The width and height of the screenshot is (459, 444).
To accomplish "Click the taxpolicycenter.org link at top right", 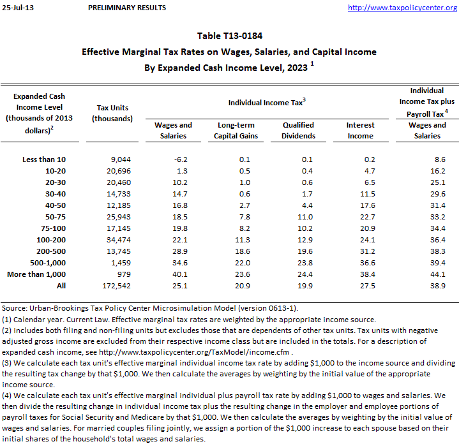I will [402, 8].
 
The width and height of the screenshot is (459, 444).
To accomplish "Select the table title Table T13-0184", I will [229, 36].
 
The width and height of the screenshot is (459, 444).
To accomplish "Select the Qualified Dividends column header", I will [299, 130].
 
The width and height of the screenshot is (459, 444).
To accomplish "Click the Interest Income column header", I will [361, 130].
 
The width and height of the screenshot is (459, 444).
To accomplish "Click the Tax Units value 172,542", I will [116, 286].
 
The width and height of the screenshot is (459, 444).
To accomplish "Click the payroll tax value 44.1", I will [436, 274].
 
